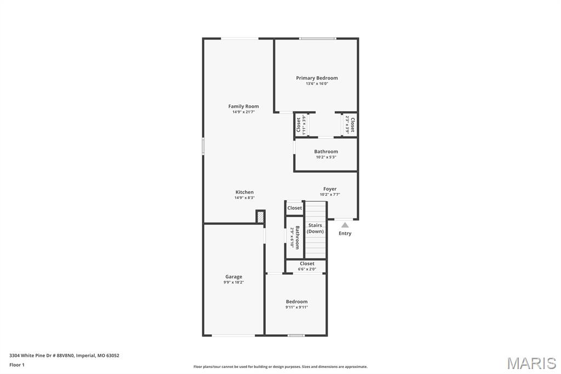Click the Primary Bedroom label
(317, 78)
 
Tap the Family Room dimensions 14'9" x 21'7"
(244, 112)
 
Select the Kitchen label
(244, 192)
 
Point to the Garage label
(233, 276)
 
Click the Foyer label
(330, 189)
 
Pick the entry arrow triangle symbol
(345, 224)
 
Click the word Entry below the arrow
(345, 234)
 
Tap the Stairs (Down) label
(315, 228)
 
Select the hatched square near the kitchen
(261, 217)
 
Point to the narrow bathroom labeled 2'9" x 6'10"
(295, 237)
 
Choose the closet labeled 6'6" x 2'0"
(307, 266)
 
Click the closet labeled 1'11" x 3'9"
(301, 125)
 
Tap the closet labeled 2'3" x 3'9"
(350, 125)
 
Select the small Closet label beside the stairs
(295, 208)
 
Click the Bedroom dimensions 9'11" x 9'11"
(296, 307)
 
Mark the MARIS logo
(531, 363)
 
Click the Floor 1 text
(17, 365)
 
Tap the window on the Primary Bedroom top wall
(318, 38)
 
